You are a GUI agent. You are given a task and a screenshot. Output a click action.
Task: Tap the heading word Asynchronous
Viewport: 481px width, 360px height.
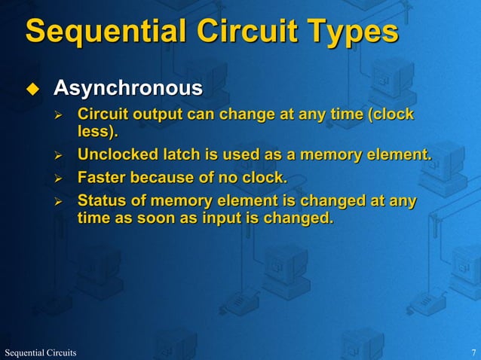coord(127,89)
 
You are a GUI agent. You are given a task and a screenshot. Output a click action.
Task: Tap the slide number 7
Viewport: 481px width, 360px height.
coord(473,352)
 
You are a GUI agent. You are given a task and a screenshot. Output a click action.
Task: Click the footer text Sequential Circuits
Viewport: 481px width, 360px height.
coord(41,352)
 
